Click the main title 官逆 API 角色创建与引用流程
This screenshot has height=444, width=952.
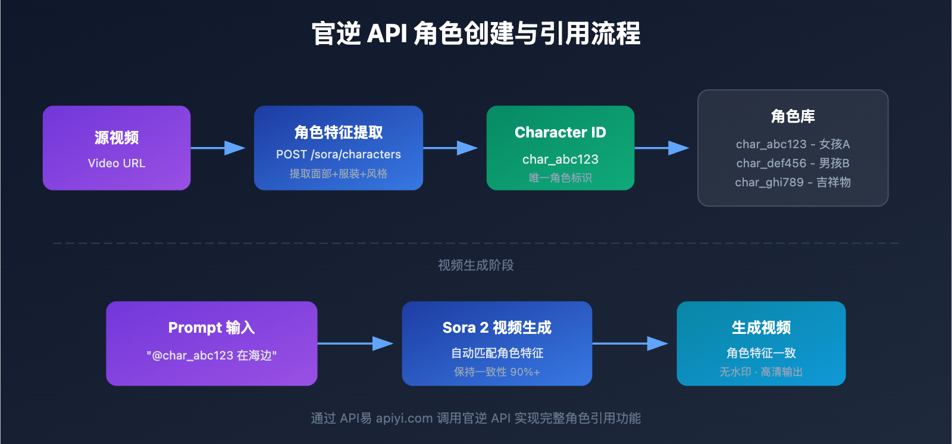click(476, 33)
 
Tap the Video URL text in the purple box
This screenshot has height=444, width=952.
click(117, 163)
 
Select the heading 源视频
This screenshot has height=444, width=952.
click(117, 137)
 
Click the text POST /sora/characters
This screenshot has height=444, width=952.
click(339, 154)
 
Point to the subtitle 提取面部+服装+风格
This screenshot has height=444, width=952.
click(339, 174)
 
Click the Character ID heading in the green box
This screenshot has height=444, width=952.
click(560, 132)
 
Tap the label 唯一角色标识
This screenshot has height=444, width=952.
click(560, 178)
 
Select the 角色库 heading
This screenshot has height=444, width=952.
click(793, 116)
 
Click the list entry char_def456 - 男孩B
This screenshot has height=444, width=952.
click(793, 163)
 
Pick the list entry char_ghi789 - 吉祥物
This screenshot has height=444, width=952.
click(793, 182)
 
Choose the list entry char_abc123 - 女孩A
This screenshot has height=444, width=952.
click(793, 144)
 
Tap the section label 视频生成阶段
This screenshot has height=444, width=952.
click(476, 265)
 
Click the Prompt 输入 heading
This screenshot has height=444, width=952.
click(211, 327)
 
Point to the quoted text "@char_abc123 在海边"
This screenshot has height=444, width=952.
click(211, 355)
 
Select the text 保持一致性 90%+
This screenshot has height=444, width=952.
click(497, 372)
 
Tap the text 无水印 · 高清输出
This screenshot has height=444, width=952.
click(761, 372)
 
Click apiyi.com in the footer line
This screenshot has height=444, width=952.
click(404, 418)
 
